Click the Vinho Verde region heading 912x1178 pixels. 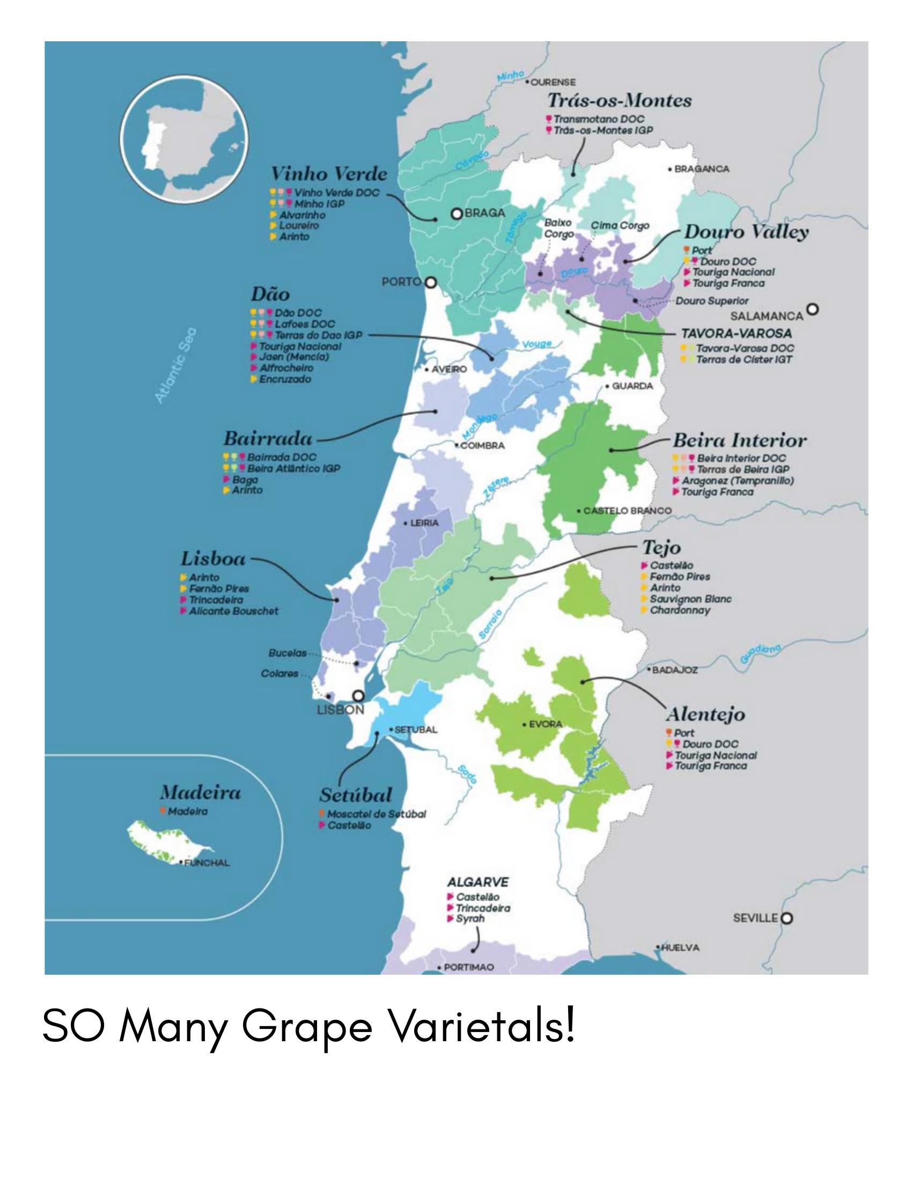(328, 174)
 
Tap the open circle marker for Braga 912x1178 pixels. (457, 213)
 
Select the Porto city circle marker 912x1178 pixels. (430, 282)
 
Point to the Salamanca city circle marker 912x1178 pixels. (813, 309)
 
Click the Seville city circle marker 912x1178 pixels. (787, 917)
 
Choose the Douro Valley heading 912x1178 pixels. (746, 232)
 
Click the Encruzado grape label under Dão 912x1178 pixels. (285, 379)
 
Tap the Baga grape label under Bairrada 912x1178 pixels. (245, 480)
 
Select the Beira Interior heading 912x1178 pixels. (739, 440)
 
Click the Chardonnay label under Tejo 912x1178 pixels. (680, 610)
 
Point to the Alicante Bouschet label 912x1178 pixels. (233, 611)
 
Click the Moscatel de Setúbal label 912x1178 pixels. (376, 814)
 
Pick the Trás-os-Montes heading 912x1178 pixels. (619, 100)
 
